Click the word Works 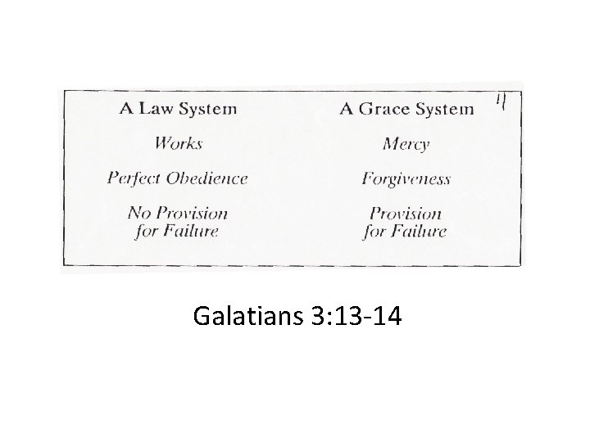point(178,143)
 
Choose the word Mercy point(406,144)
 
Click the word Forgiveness point(406,179)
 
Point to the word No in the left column point(138,214)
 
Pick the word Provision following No point(192,214)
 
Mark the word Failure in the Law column point(189,231)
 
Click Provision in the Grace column point(406,214)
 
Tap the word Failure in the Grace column point(417,232)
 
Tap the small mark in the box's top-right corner point(500,102)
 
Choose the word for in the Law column point(145,231)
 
